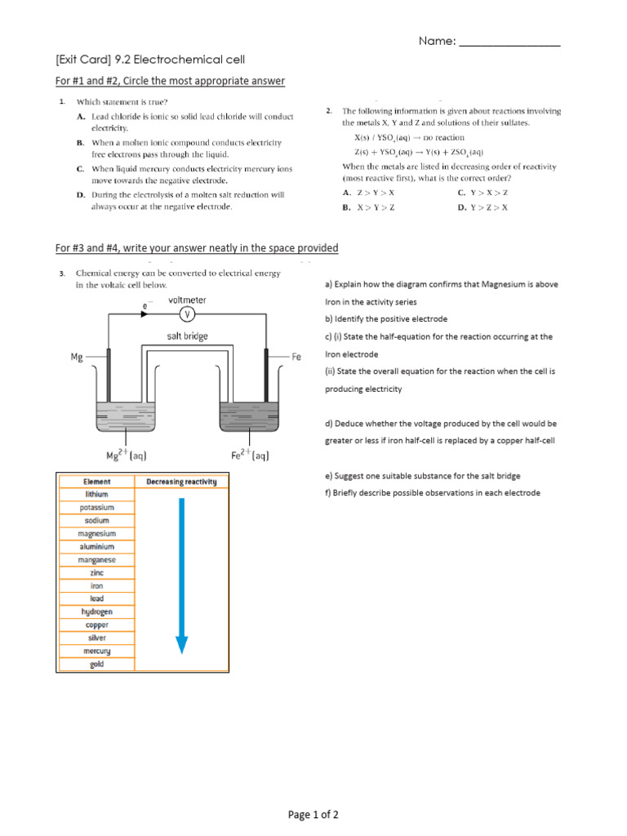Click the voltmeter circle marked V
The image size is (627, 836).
189,316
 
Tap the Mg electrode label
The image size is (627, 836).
78,357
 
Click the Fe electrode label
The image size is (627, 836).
297,357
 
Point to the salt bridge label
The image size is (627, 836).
187,336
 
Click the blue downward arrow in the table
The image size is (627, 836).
181,575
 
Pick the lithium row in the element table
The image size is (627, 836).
96,495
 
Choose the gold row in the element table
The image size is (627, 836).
96,664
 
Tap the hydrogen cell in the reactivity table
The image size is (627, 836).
96,611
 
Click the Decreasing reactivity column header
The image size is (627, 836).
181,482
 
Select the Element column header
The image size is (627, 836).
96,482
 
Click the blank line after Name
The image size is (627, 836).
509,42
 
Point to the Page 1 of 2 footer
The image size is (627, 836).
313,815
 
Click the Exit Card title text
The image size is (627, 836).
150,60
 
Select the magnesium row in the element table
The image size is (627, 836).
96,534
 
